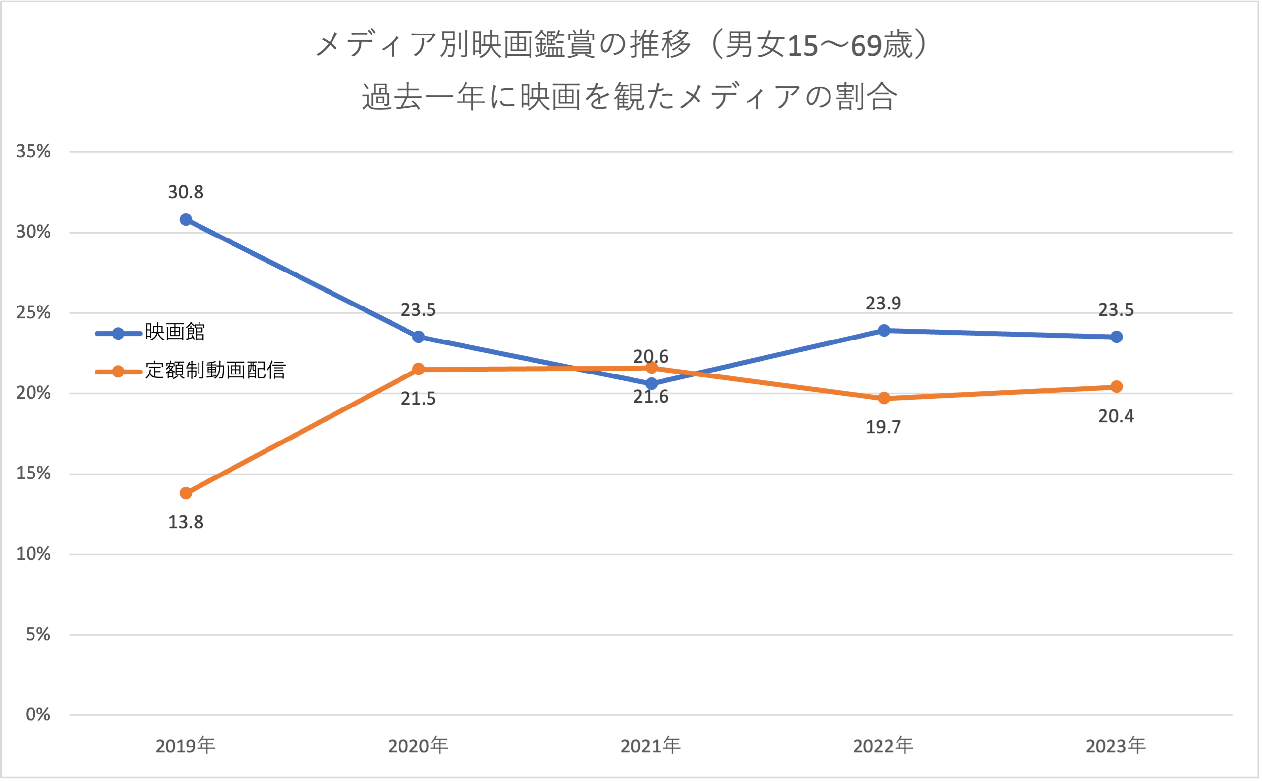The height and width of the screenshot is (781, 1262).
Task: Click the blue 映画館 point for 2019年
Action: [x=186, y=220]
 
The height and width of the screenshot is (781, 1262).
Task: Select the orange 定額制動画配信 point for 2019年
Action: [x=186, y=493]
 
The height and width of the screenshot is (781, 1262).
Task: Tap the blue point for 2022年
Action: [x=884, y=330]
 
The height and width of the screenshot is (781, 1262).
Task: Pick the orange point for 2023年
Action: [x=1116, y=387]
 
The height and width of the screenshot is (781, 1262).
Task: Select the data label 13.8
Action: [x=186, y=523]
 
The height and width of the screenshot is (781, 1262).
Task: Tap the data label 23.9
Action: [x=884, y=304]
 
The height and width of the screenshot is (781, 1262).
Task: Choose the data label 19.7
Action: [x=884, y=427]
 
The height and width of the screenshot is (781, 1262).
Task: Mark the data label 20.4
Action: [x=1116, y=416]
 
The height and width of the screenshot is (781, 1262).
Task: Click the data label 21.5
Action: [x=418, y=399]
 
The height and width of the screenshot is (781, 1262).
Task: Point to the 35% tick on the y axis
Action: [x=33, y=151]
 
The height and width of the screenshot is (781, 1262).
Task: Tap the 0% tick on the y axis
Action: [x=38, y=715]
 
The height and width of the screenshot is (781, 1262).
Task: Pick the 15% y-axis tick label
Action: [x=33, y=473]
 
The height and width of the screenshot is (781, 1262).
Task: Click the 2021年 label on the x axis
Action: [x=651, y=747]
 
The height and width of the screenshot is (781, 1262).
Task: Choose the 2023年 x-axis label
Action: [x=1116, y=747]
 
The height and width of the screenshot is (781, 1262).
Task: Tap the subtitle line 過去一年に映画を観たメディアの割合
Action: [x=629, y=97]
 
